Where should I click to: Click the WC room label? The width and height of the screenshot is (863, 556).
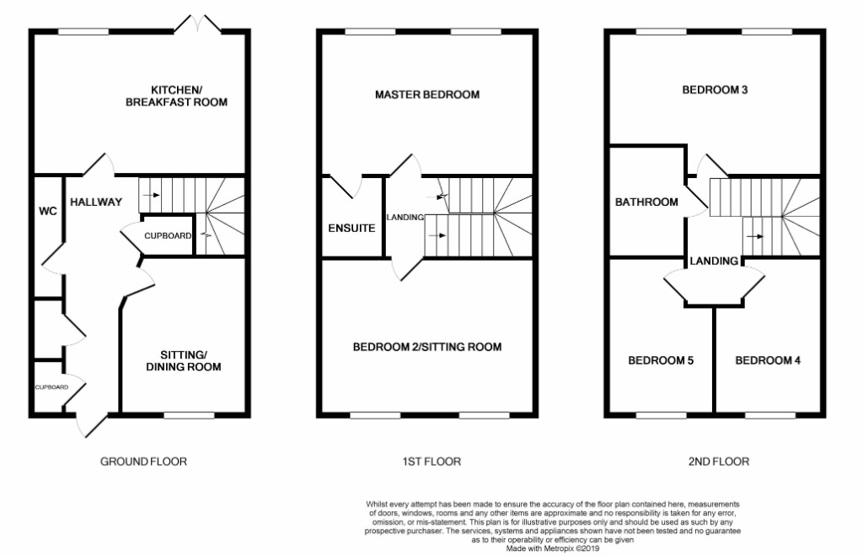pyautogui.click(x=47, y=211)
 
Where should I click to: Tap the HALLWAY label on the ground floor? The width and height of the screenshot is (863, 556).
pyautogui.click(x=96, y=202)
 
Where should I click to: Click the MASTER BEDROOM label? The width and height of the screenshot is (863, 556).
pyautogui.click(x=427, y=94)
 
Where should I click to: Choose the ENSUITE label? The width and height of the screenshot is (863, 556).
pyautogui.click(x=352, y=228)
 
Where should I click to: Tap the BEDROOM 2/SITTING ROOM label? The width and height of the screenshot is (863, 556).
pyautogui.click(x=427, y=347)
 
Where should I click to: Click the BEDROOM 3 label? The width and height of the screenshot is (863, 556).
pyautogui.click(x=715, y=90)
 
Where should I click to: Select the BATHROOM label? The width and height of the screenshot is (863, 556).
pyautogui.click(x=646, y=202)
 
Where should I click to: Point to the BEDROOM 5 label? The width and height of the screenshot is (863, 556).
pyautogui.click(x=661, y=360)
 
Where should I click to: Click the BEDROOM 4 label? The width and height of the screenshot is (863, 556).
pyautogui.click(x=768, y=360)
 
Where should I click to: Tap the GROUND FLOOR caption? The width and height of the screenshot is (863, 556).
pyautogui.click(x=143, y=462)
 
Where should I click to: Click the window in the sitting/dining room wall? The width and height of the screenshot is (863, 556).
pyautogui.click(x=189, y=414)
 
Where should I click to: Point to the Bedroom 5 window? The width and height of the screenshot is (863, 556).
pyautogui.click(x=661, y=414)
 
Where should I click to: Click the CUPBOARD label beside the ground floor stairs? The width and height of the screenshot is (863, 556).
pyautogui.click(x=168, y=235)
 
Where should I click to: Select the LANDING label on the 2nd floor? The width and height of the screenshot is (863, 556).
pyautogui.click(x=715, y=261)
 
